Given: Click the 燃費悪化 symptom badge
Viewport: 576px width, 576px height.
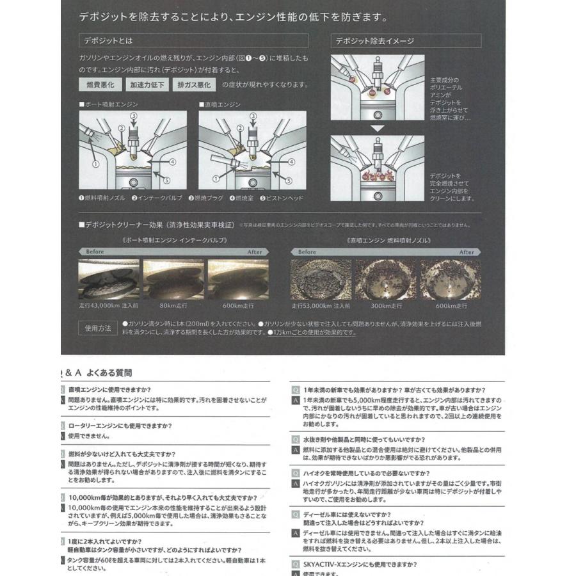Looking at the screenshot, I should click(x=100, y=84).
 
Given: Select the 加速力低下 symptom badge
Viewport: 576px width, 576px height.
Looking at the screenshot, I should click(x=147, y=84).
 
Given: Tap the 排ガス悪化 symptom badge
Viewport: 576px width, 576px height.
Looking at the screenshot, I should click(x=194, y=84).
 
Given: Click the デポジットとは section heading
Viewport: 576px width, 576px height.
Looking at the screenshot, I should click(x=108, y=41).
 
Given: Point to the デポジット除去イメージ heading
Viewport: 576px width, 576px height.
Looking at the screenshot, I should click(x=375, y=41).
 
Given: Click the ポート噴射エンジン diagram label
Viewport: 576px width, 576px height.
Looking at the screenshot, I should click(x=109, y=104).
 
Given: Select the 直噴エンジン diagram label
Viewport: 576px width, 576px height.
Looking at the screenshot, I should click(x=220, y=104).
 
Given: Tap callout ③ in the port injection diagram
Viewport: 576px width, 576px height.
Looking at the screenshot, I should click(x=133, y=116).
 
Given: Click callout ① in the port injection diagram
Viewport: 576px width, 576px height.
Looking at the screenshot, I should click(x=95, y=164).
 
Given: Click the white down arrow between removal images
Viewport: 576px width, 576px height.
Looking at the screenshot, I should click(x=378, y=128).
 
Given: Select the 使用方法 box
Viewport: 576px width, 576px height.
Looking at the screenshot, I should click(x=98, y=328).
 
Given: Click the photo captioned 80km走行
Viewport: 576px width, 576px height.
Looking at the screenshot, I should click(x=173, y=280).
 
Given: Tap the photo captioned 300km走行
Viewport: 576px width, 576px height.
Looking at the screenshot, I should click(x=386, y=280).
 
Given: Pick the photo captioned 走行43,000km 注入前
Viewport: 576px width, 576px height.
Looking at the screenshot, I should click(x=109, y=280).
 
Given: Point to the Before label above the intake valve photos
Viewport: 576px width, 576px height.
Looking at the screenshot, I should click(x=95, y=252).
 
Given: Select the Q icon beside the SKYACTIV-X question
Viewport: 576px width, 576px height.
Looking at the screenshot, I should click(x=296, y=564).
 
